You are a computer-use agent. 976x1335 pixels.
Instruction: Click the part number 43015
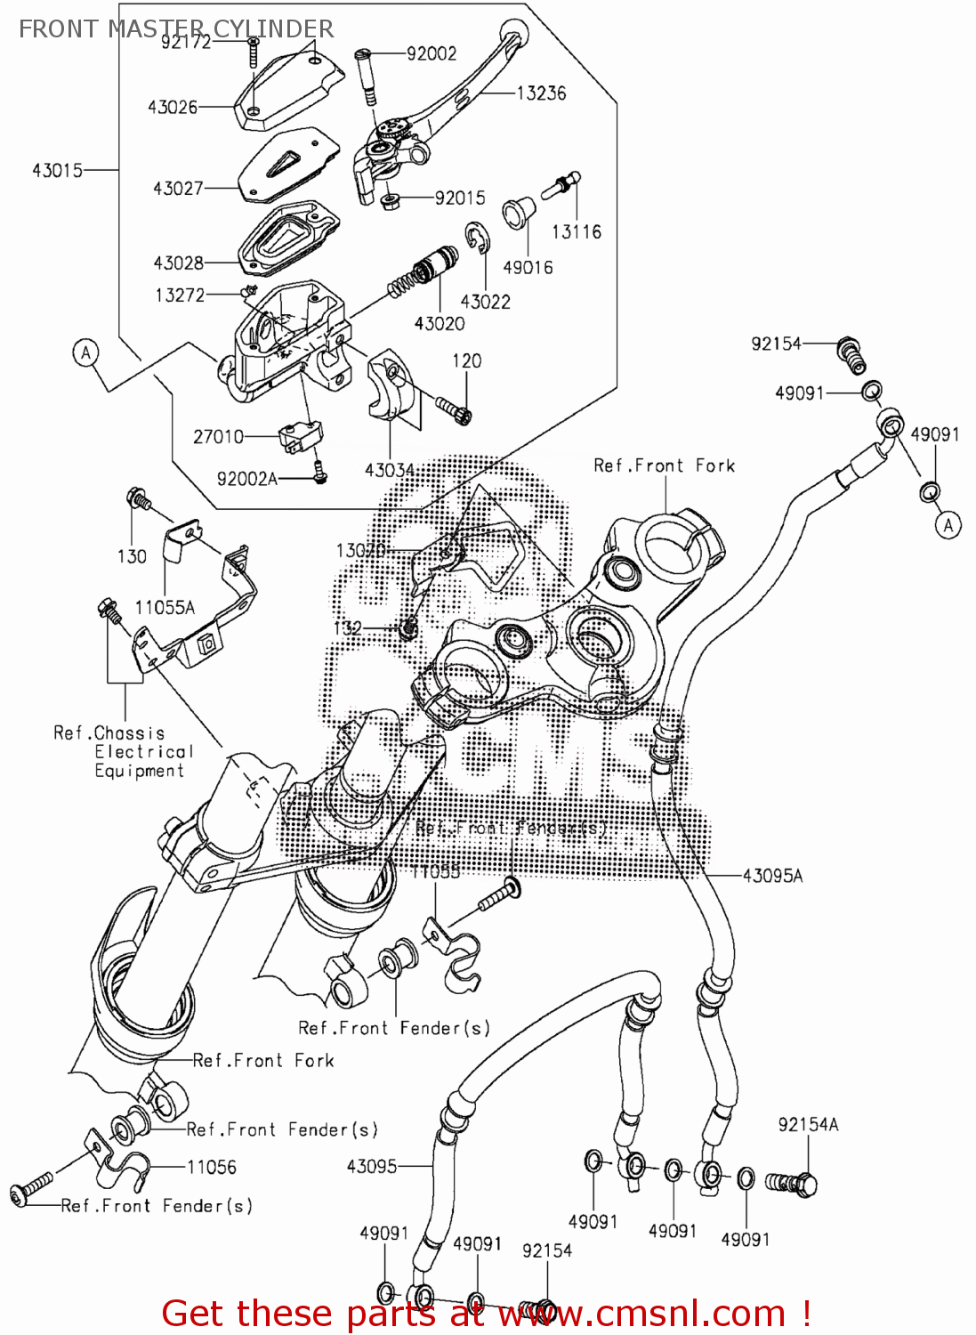[57, 170]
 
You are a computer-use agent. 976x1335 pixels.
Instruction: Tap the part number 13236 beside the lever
[541, 93]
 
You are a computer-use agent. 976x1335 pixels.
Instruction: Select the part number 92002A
[246, 479]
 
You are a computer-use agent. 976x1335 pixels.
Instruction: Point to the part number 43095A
[772, 876]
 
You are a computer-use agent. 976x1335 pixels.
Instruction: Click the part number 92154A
[808, 1125]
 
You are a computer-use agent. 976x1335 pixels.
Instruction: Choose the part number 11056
[211, 1167]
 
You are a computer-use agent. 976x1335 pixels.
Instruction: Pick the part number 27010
[218, 436]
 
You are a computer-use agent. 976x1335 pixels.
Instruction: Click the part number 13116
[577, 232]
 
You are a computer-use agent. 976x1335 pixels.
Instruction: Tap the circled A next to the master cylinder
[85, 353]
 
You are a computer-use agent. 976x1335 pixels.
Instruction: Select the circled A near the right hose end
[948, 525]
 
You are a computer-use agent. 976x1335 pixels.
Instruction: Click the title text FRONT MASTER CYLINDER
[176, 28]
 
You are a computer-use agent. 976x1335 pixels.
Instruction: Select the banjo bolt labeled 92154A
[793, 1183]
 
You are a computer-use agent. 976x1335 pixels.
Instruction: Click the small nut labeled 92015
[389, 200]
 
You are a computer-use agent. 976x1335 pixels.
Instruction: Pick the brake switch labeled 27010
[299, 435]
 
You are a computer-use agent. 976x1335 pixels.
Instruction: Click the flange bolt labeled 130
[138, 498]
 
